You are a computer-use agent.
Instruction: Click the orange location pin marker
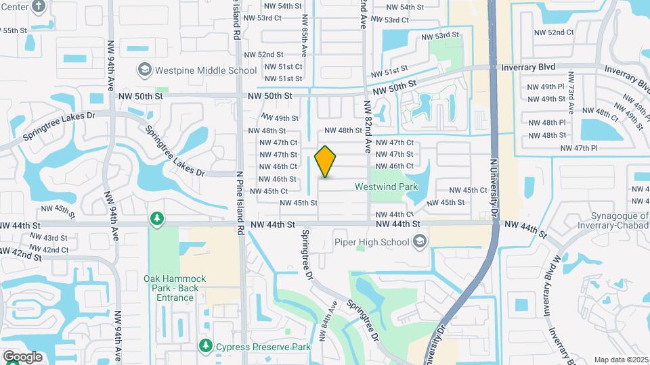click(x=326, y=162)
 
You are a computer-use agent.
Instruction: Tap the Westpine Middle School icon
click(x=144, y=70)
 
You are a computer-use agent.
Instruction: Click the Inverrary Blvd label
click(x=528, y=67)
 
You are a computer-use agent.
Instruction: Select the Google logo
click(x=22, y=357)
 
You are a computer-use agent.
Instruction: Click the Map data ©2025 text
click(x=621, y=360)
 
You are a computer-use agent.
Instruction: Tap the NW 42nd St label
click(x=16, y=252)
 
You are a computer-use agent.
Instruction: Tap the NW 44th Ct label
click(x=394, y=214)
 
